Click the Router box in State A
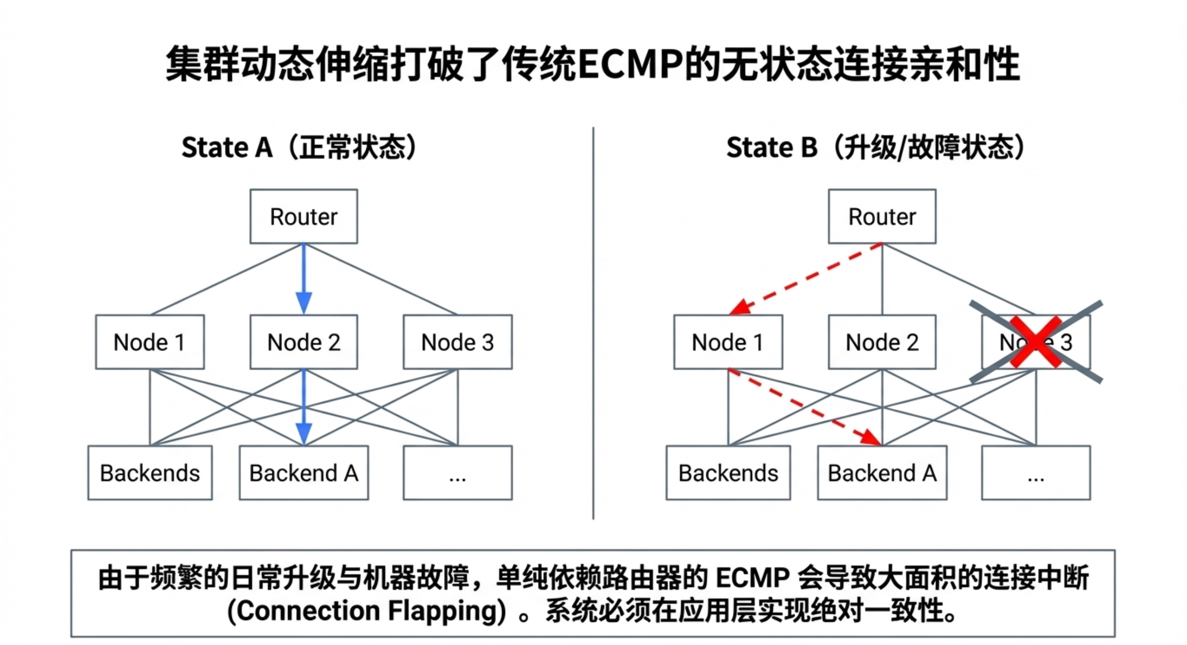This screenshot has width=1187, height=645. (303, 217)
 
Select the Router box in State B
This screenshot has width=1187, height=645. (882, 217)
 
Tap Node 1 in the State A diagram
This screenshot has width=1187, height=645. (150, 342)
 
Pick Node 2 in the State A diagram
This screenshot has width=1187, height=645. (303, 342)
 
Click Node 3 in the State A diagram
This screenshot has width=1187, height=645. (457, 342)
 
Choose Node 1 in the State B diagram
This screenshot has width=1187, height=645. (728, 342)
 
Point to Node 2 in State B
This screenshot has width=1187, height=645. (882, 342)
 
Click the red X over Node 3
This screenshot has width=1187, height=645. (1035, 342)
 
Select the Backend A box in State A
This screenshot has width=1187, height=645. (303, 473)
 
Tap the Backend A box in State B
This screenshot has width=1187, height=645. (882, 473)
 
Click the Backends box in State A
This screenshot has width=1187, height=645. (150, 473)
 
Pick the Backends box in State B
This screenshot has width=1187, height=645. (728, 473)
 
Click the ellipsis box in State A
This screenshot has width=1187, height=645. (457, 473)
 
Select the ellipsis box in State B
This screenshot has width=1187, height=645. (1036, 473)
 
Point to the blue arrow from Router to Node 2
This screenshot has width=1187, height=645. (303, 276)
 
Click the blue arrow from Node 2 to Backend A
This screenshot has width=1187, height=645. (303, 406)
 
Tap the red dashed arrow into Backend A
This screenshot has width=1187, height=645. (807, 407)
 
